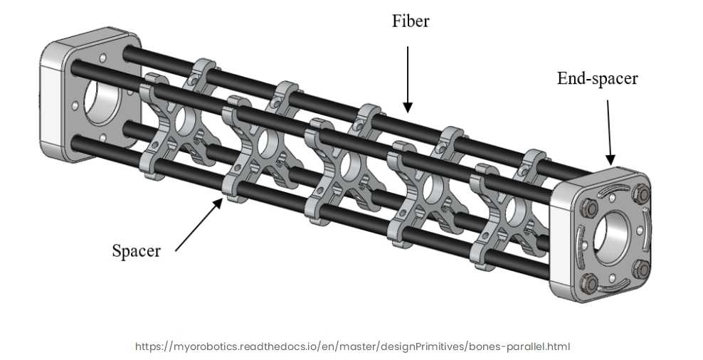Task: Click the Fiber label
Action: (x=411, y=21)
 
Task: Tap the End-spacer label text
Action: (x=597, y=78)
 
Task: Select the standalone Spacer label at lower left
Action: (x=136, y=250)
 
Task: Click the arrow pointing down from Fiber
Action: (x=408, y=78)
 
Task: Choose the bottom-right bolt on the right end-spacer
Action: (x=641, y=268)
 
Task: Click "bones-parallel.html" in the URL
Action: (x=517, y=346)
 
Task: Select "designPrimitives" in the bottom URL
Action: (x=425, y=346)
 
